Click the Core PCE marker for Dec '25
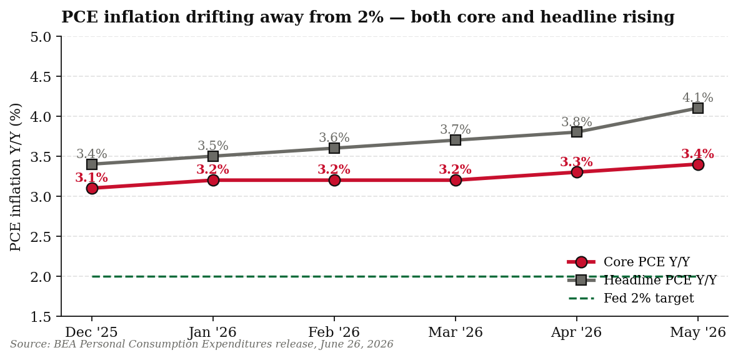92,188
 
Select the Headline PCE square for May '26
698,108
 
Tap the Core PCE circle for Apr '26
577,172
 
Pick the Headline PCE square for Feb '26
334,148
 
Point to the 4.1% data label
698,98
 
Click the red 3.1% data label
92,178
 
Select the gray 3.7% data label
456,129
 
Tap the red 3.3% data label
577,162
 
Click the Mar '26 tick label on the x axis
456,332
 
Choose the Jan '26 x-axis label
212,332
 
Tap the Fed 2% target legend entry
631,298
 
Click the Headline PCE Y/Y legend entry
642,280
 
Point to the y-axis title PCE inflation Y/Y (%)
16,176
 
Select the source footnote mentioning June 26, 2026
201,344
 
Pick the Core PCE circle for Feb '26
334,180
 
